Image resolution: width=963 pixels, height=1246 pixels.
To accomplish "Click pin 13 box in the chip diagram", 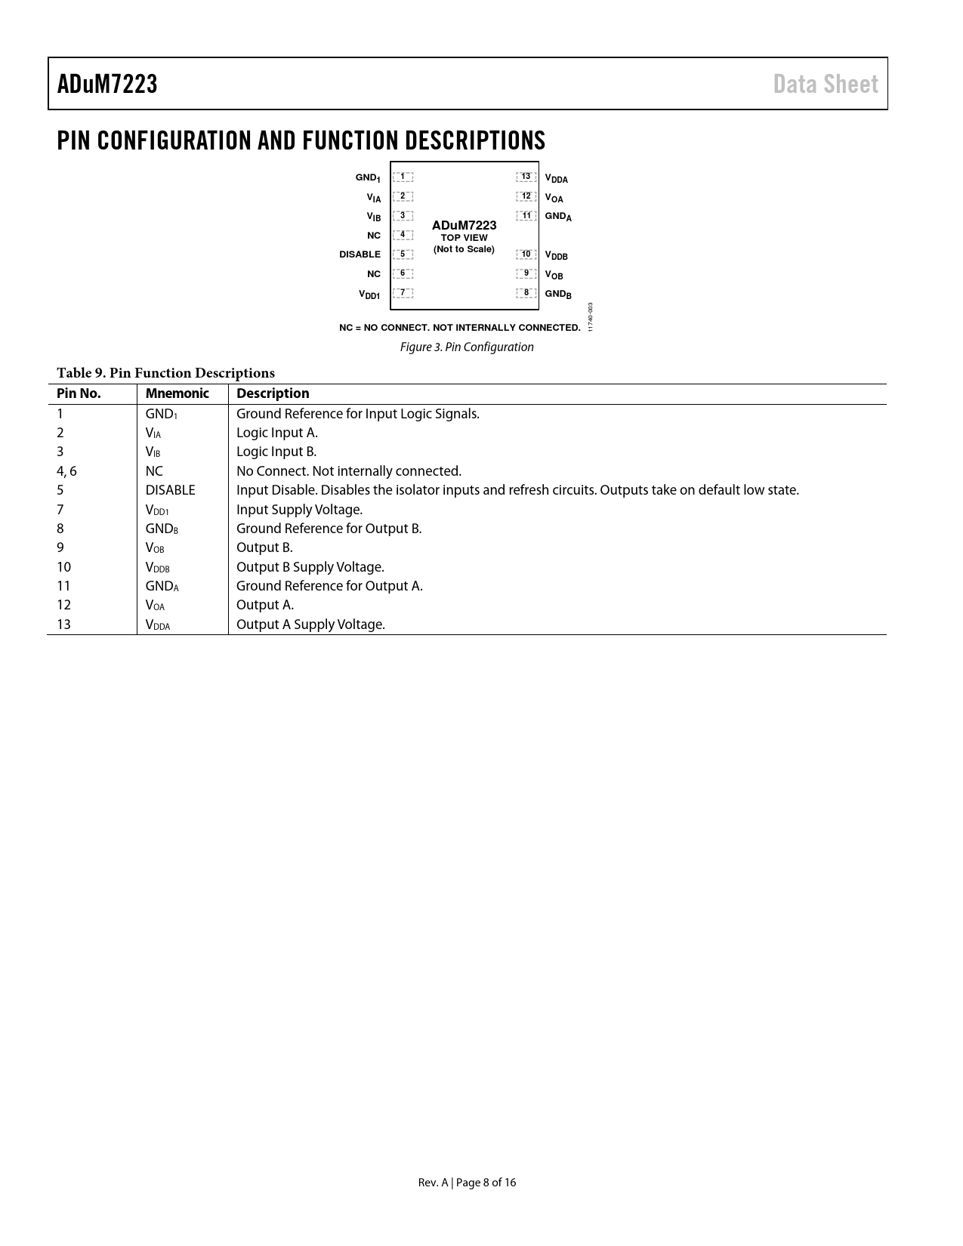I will tap(526, 177).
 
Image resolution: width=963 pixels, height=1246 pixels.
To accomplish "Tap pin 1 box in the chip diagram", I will tap(403, 177).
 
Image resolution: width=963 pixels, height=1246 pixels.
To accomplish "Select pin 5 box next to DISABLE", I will tap(403, 254).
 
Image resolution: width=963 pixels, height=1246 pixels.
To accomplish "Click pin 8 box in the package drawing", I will tap(526, 292).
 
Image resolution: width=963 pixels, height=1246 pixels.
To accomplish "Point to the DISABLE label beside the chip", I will tap(360, 254).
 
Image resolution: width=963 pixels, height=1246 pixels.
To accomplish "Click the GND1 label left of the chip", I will tap(368, 177).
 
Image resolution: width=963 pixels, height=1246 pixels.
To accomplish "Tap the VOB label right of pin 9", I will tap(554, 276).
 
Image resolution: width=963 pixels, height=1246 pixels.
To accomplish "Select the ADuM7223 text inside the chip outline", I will tap(464, 225).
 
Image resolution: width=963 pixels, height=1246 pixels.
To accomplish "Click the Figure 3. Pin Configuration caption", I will tap(467, 347).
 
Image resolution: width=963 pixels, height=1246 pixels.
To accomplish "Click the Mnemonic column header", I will tap(177, 393).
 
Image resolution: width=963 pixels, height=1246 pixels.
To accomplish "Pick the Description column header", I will tap(273, 393).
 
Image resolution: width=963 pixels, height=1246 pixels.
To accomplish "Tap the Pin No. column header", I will tap(79, 393).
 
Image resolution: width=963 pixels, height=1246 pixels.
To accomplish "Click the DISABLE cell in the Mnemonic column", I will tap(170, 490).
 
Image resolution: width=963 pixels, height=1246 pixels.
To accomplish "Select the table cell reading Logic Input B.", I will tap(276, 452).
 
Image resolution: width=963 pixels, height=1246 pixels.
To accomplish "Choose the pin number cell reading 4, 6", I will tap(66, 471).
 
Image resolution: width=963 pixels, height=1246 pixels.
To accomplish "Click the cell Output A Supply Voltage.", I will tap(310, 625).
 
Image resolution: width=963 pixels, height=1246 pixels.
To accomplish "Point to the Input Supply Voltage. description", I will tap(299, 510).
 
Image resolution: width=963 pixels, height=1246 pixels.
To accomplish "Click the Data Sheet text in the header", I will tap(826, 84).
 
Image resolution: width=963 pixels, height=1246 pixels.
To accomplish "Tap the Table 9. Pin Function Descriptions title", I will tap(165, 373).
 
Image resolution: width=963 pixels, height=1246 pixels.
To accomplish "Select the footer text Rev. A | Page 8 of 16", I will tap(467, 1183).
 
